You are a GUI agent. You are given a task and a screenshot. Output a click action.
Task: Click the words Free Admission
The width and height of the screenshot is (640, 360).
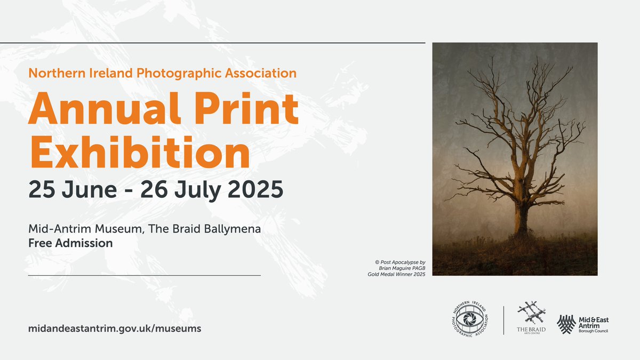click(x=70, y=243)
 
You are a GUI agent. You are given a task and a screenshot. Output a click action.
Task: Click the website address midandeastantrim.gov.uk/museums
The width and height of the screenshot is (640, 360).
click(x=115, y=329)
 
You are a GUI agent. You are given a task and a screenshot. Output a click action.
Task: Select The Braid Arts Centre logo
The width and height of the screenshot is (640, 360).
click(x=531, y=318)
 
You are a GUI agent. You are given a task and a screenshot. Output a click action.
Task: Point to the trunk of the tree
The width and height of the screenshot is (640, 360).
click(x=521, y=213)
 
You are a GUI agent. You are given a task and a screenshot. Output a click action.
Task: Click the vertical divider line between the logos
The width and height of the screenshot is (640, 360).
click(x=503, y=320)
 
